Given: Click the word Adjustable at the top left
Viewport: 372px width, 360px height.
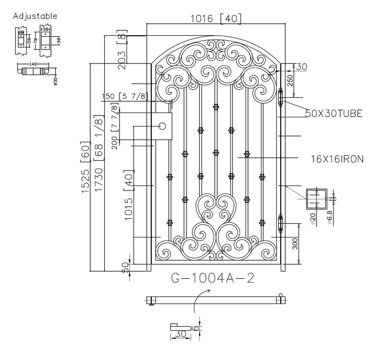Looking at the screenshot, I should pyautogui.click(x=35, y=16).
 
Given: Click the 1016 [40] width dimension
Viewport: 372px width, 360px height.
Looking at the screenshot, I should pyautogui.click(x=216, y=19).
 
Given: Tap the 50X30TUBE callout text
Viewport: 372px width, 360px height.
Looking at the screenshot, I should pyautogui.click(x=333, y=114).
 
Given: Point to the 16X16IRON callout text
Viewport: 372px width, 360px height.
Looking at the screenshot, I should pyautogui.click(x=337, y=159).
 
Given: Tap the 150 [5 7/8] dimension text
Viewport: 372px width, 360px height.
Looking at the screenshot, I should pyautogui.click(x=124, y=96).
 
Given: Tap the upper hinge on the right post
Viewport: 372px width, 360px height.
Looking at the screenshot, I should pyautogui.click(x=282, y=98).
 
